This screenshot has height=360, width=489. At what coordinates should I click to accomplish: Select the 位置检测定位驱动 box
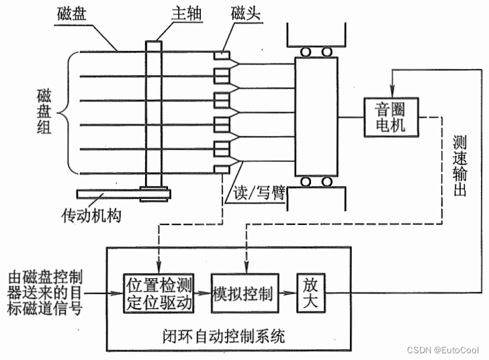(159, 294)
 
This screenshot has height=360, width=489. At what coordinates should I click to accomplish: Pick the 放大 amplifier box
(310, 294)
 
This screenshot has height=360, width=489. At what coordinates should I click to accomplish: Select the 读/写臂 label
(259, 193)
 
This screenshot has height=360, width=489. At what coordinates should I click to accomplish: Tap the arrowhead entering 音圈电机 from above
(392, 93)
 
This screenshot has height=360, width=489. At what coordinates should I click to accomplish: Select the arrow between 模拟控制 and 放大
(287, 294)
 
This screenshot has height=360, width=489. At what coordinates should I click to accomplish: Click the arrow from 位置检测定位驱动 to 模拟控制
(203, 294)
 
